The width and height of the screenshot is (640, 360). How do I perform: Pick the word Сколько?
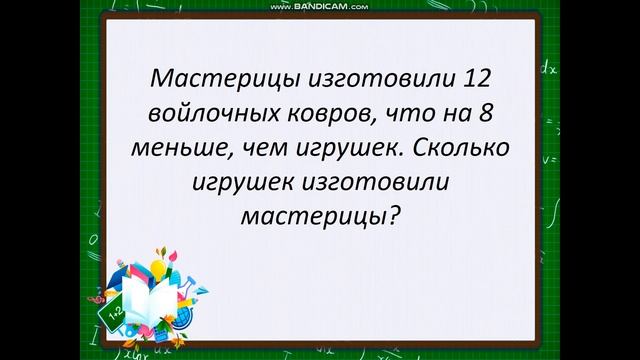coord(459,149)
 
